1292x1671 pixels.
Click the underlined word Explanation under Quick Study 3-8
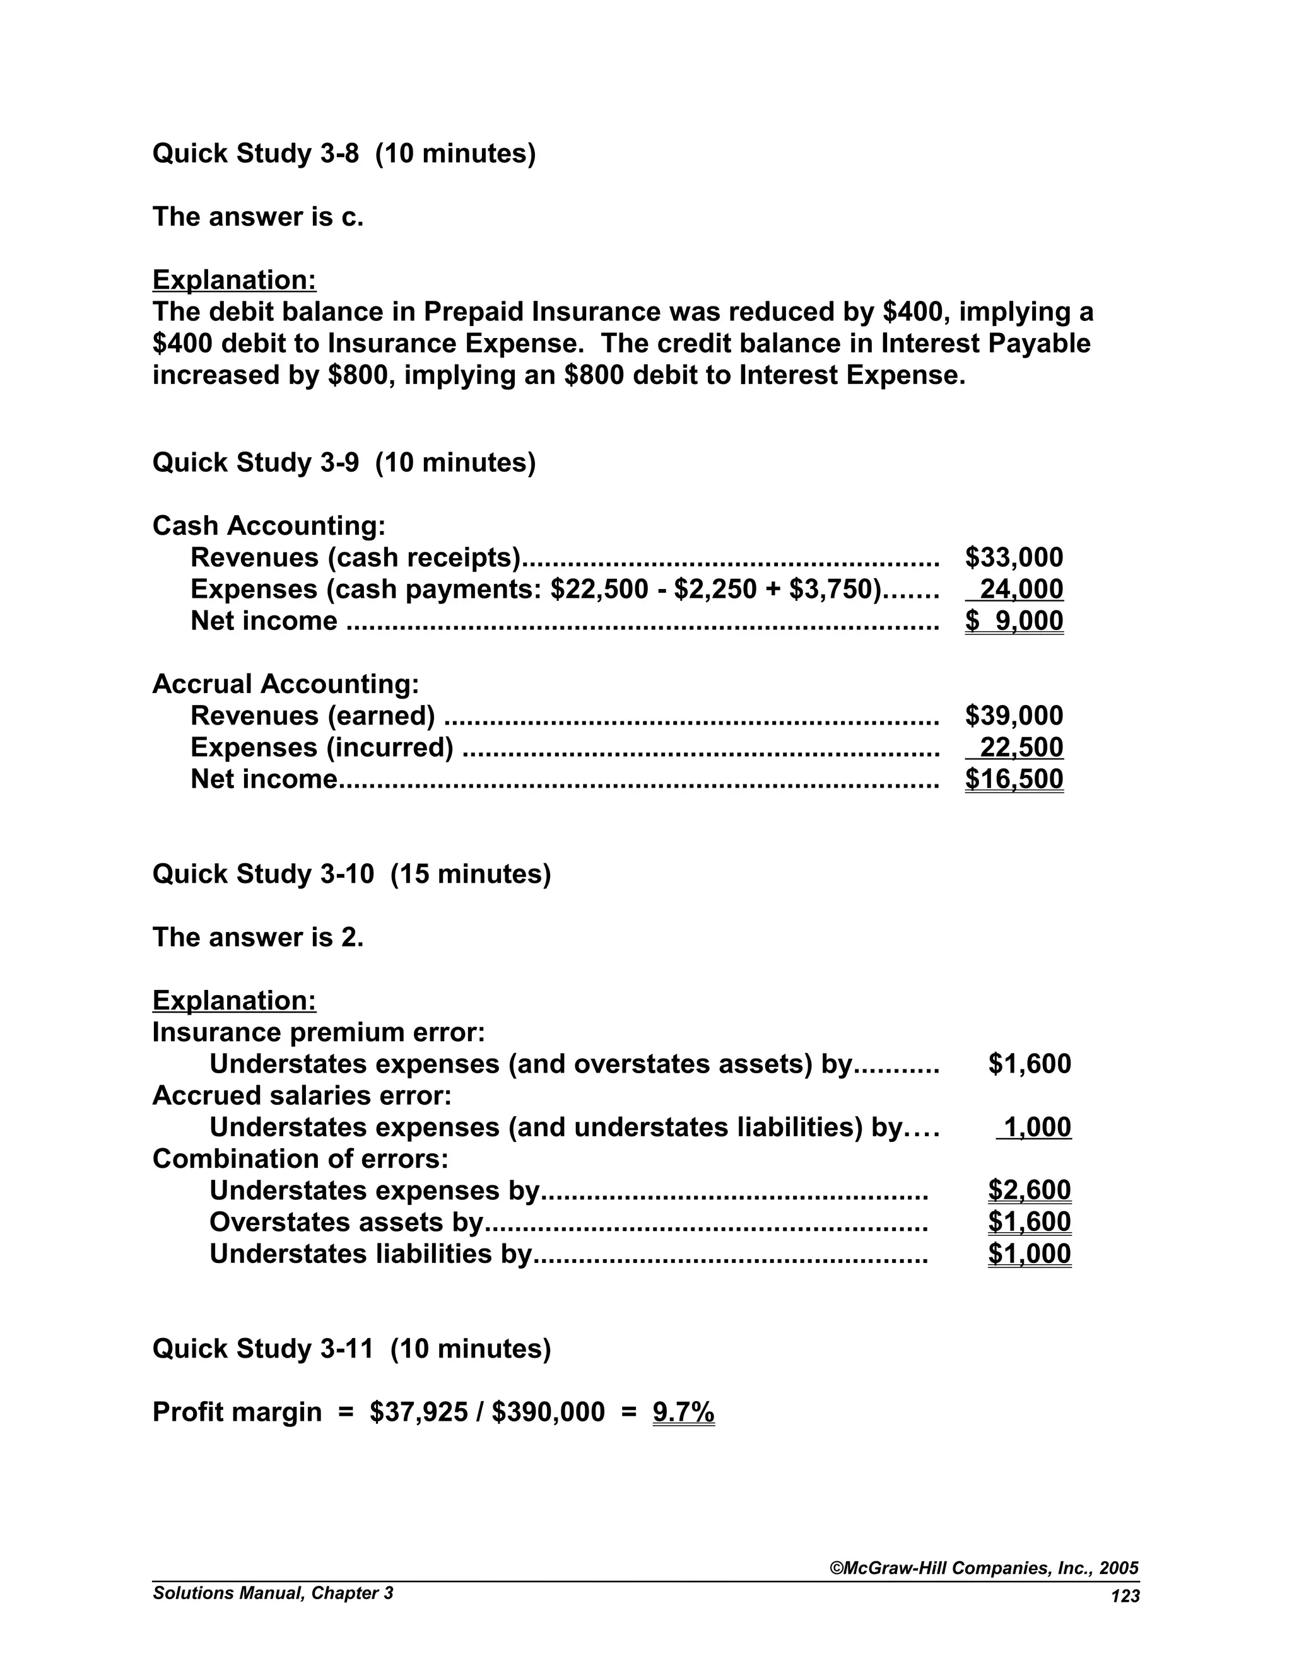tap(234, 280)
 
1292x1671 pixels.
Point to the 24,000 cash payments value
tap(1021, 589)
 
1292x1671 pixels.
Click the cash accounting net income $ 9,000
tap(1013, 620)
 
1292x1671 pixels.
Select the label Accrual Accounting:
tap(286, 684)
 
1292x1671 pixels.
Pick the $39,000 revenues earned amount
tap(1013, 716)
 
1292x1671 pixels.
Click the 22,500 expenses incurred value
tap(1021, 747)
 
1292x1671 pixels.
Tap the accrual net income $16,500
tap(1013, 779)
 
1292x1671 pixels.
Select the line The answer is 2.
tap(258, 937)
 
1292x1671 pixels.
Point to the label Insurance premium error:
tap(319, 1032)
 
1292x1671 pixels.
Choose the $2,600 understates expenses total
tap(1029, 1191)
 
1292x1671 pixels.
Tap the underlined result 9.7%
tap(683, 1412)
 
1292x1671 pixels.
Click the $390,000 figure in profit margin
tap(548, 1412)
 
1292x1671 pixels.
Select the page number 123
tap(1124, 1596)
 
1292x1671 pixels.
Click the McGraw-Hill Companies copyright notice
tap(984, 1568)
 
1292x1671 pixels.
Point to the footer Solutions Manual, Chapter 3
tap(273, 1593)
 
